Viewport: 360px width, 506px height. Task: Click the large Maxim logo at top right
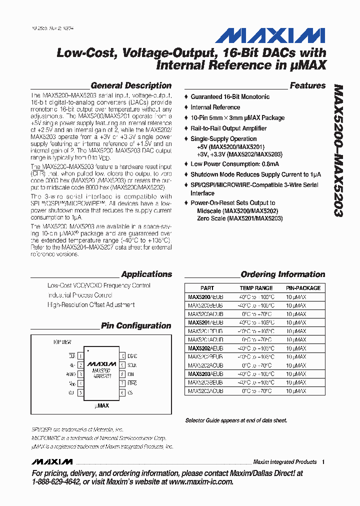(x=270, y=35)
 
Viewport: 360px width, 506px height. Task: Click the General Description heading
(x=131, y=85)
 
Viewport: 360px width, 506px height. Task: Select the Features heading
(x=307, y=85)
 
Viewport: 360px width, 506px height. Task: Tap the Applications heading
(x=146, y=274)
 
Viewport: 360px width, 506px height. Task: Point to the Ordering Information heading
(x=282, y=274)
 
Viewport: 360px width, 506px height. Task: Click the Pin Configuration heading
(x=136, y=325)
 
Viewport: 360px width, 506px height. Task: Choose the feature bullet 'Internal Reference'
(x=215, y=107)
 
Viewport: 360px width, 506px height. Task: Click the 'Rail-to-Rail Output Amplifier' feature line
(x=228, y=128)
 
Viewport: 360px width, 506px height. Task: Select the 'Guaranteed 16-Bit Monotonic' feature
(x=230, y=96)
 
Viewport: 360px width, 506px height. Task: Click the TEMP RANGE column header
(x=256, y=288)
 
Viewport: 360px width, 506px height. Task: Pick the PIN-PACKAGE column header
(x=303, y=288)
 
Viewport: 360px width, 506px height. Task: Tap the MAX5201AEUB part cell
(x=205, y=322)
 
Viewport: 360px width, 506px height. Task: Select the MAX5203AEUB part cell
(x=205, y=373)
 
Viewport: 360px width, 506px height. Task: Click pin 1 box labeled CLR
(x=80, y=356)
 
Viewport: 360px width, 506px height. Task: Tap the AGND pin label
(x=70, y=374)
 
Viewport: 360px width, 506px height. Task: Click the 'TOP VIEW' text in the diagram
(x=62, y=342)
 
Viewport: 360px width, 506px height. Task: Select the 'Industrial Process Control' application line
(x=83, y=295)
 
